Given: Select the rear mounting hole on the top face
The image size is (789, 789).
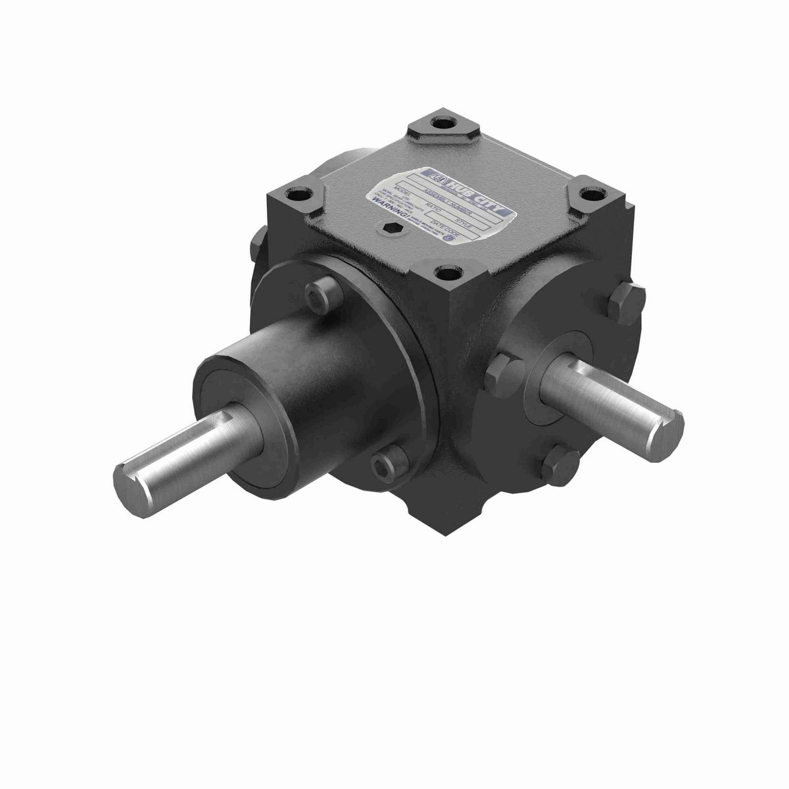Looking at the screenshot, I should tap(454, 122).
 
